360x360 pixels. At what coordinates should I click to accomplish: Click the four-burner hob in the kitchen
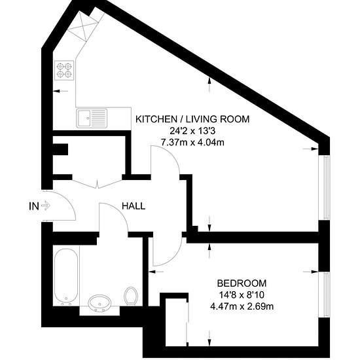point(64,70)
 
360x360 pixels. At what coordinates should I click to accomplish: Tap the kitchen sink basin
point(84,118)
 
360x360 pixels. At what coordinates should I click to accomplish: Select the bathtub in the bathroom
point(66,276)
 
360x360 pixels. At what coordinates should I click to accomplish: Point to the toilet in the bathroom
point(131,296)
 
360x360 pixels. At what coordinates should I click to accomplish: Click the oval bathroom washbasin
point(100,303)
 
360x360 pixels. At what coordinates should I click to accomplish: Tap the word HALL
point(134,206)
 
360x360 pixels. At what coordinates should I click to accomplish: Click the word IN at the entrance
point(34,206)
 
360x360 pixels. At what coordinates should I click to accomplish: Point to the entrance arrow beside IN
point(46,206)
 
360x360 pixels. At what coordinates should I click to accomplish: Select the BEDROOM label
point(242,283)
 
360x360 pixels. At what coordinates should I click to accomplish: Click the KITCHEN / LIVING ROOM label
point(192,119)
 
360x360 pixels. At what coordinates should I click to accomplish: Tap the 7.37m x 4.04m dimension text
point(192,143)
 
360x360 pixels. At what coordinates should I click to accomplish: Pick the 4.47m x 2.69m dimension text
point(242,306)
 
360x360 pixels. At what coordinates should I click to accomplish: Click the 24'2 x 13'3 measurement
point(192,131)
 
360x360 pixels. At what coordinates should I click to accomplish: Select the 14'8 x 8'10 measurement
point(242,295)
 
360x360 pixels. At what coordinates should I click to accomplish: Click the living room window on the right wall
point(324,187)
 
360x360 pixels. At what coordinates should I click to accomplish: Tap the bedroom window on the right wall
point(324,295)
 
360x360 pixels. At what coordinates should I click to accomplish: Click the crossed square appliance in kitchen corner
point(83,26)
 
